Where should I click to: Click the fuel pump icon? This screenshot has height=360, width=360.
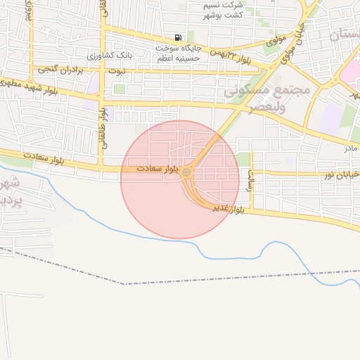(178, 37)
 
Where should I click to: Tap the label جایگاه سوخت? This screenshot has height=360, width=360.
(179, 48)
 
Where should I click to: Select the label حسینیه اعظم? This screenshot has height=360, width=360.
(179, 59)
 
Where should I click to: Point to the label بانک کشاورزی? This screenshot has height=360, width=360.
(109, 56)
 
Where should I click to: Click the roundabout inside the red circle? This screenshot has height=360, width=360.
(186, 172)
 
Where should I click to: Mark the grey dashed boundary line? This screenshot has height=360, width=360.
(211, 278)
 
